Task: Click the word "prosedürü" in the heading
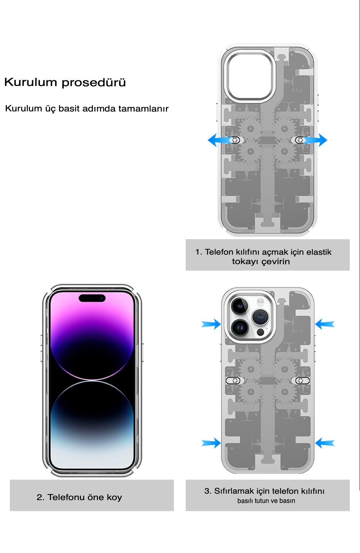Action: coord(94,82)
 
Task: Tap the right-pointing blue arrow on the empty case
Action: coord(315,140)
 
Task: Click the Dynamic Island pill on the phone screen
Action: coord(92,298)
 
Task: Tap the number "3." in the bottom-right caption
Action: coord(208,491)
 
